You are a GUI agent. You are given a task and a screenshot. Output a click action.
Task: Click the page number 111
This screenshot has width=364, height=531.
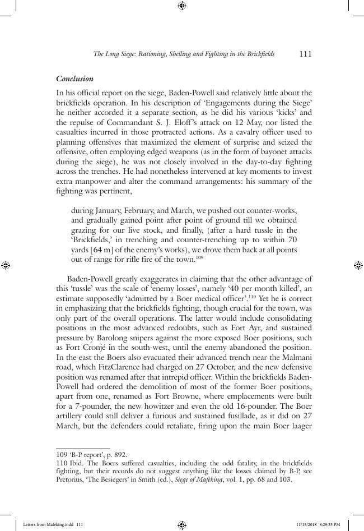pos(305,54)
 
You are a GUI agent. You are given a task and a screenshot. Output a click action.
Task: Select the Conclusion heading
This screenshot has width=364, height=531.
pos(74,79)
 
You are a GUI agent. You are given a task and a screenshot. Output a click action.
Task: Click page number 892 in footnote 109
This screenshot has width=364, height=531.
pos(122,455)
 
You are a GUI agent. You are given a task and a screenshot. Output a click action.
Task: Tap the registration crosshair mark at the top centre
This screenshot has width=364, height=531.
pos(181,6)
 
